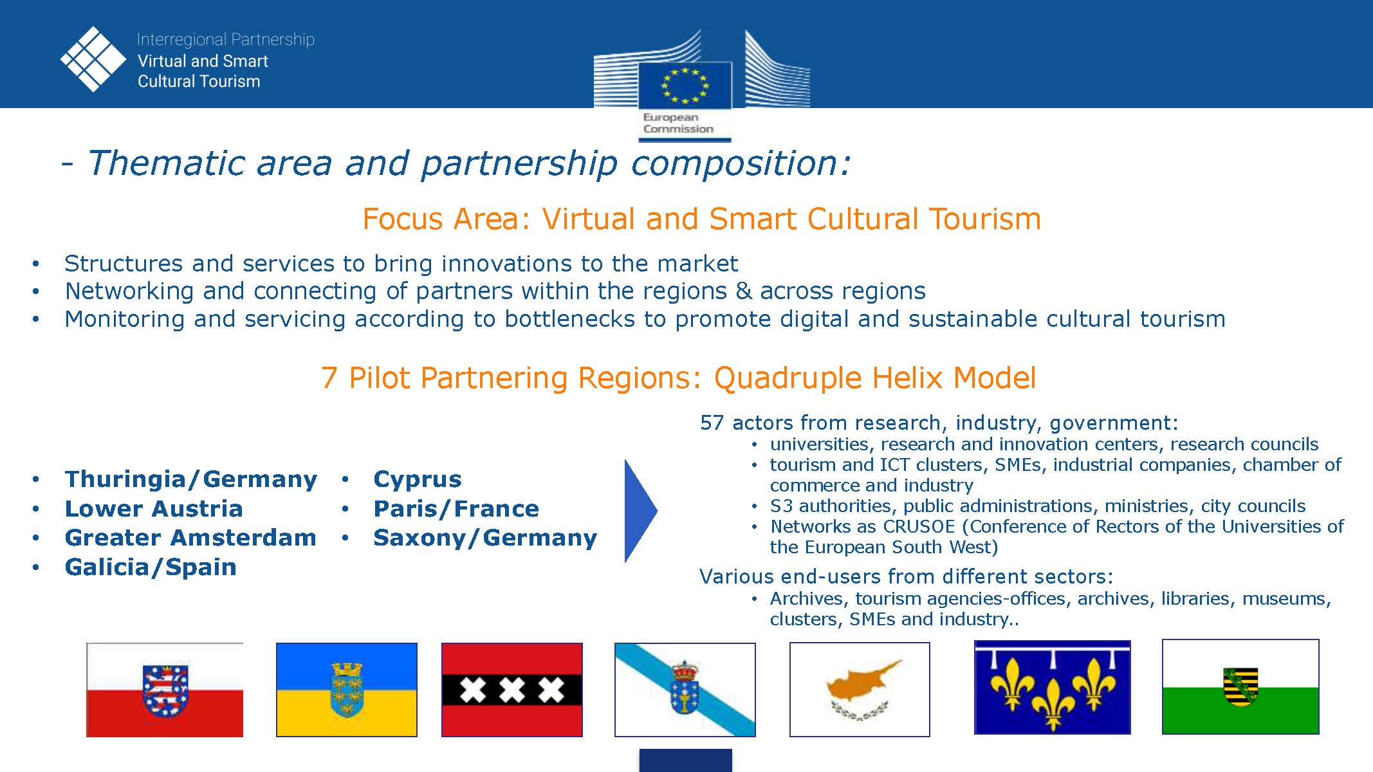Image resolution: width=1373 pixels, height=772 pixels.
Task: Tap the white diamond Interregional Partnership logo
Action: [x=93, y=59]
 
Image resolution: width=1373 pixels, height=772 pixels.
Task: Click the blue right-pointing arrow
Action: [x=641, y=511]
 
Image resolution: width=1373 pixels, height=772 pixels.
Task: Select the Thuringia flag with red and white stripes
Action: [x=165, y=690]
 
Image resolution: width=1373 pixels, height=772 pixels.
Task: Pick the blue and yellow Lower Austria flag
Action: [x=347, y=690]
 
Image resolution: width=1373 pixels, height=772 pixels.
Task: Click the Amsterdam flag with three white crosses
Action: [x=512, y=690]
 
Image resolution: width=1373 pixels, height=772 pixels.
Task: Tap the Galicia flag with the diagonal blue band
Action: [x=685, y=690]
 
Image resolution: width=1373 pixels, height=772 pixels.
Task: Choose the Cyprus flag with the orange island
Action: [x=860, y=690]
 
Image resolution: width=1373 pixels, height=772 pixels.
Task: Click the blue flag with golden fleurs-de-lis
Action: [x=1053, y=687]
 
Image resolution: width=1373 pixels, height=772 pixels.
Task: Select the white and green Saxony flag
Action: [x=1240, y=686]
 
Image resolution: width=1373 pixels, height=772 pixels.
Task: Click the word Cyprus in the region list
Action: [x=418, y=479]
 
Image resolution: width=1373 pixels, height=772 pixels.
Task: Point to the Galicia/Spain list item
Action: [x=151, y=567]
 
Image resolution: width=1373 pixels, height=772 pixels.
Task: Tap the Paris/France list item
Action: [x=456, y=509]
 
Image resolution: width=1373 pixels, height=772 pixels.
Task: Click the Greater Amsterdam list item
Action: [x=190, y=538]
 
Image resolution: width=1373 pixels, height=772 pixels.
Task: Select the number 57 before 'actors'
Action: [x=712, y=423]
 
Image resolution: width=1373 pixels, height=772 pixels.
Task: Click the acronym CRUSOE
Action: [x=919, y=526]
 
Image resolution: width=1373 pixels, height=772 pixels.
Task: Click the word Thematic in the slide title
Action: [x=165, y=163]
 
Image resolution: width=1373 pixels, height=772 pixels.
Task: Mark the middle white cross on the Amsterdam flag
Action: [x=512, y=690]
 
